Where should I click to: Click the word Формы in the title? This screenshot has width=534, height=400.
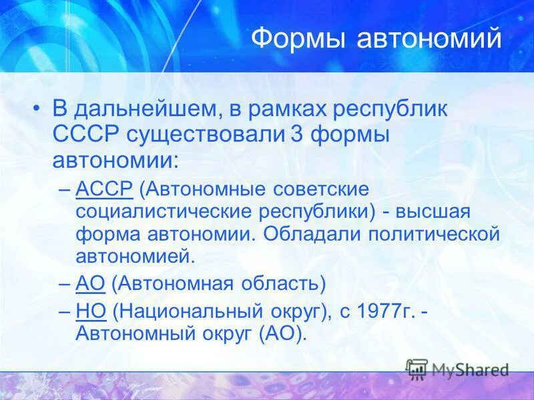(298, 39)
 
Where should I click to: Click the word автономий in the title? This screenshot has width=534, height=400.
(429, 39)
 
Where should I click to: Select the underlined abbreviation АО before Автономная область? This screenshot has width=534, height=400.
(91, 283)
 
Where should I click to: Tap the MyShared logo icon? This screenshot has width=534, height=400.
(417, 369)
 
